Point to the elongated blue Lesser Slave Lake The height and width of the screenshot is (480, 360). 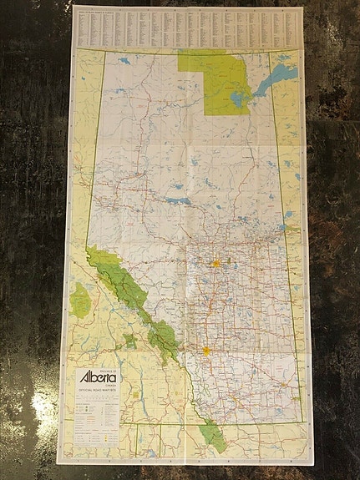click(177, 201)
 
